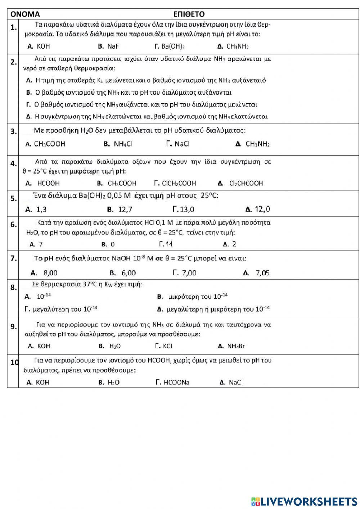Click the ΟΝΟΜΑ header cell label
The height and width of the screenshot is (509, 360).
[x=25, y=14]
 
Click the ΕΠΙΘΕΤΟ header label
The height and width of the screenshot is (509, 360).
[x=189, y=14]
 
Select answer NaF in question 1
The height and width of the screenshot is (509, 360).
[x=113, y=46]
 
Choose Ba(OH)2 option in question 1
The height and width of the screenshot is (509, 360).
[x=173, y=46]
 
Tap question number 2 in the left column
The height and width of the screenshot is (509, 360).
[x=13, y=62]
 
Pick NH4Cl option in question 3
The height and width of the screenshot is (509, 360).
[x=123, y=144]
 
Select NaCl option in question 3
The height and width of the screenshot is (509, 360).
[x=182, y=144]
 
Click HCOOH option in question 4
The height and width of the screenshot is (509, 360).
[x=48, y=183]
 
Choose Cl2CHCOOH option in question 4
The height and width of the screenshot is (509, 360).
[x=246, y=183]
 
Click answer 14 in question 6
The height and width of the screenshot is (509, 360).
[x=169, y=244]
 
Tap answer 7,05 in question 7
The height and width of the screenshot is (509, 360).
[x=262, y=273]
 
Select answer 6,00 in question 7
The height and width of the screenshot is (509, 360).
[x=129, y=273]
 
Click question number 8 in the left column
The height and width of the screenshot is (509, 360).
[x=13, y=287]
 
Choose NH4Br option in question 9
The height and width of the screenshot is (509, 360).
[x=236, y=346]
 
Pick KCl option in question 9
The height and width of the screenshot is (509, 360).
[x=167, y=346]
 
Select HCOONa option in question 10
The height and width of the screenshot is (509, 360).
[x=176, y=383]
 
